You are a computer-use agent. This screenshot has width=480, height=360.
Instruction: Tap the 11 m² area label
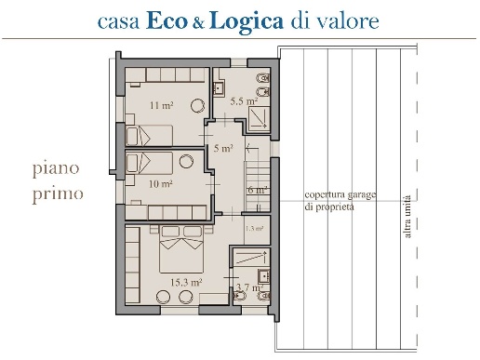click(x=160, y=105)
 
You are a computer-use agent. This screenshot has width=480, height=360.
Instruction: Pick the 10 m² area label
click(x=160, y=183)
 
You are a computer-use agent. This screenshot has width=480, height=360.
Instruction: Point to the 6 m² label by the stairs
click(x=257, y=190)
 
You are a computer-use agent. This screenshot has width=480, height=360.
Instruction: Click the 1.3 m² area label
click(x=253, y=227)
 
